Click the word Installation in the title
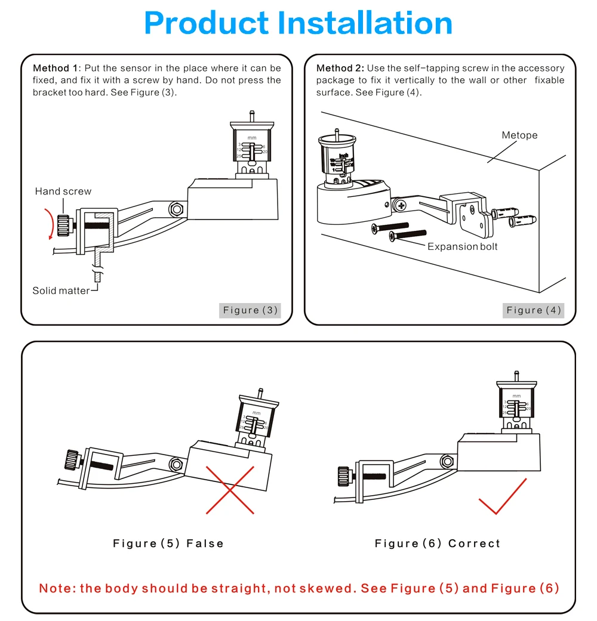(x=366, y=23)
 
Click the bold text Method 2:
(x=340, y=68)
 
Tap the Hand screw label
(x=63, y=191)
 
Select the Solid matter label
(x=61, y=291)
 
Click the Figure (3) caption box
(x=250, y=310)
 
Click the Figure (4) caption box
(x=534, y=310)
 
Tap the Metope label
(x=519, y=135)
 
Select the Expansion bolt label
(x=462, y=246)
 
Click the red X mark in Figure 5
(x=230, y=490)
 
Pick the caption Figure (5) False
(x=168, y=543)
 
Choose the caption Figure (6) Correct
(x=438, y=543)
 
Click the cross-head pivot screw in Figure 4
(x=401, y=206)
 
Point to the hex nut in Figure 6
(x=445, y=461)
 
